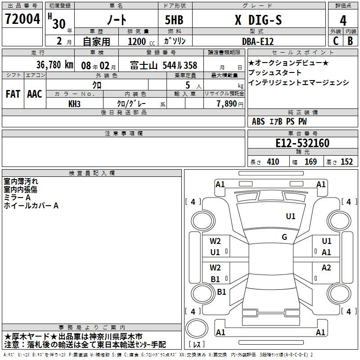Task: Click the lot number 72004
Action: click(22, 19)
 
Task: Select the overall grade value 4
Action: click(343, 20)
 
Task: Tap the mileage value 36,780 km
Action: click(54, 65)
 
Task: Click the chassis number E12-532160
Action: click(302, 143)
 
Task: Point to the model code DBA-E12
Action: click(258, 41)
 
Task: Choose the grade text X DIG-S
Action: click(258, 20)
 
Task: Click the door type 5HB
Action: click(174, 20)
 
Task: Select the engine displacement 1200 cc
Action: click(141, 41)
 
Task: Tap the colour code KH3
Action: click(74, 104)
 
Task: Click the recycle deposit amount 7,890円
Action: click(230, 104)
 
